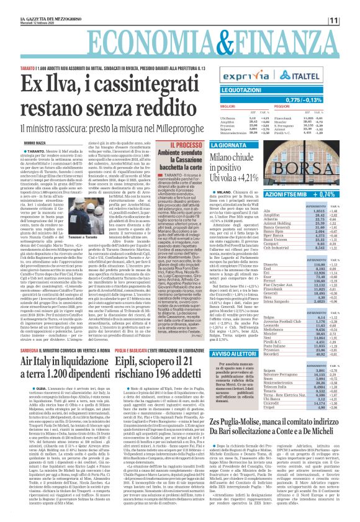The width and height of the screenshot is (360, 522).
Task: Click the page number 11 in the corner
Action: tap(350, 20)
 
